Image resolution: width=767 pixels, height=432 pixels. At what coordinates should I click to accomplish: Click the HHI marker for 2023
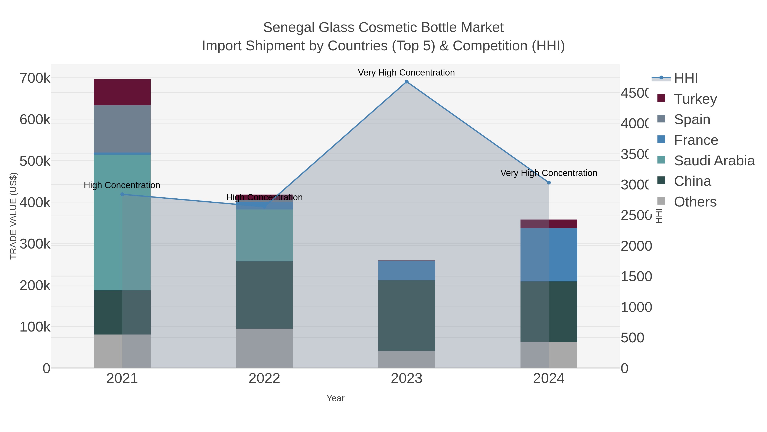(407, 82)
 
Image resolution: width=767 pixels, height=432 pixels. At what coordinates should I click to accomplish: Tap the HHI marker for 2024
(549, 182)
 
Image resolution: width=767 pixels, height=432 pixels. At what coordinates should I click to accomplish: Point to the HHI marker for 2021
(122, 194)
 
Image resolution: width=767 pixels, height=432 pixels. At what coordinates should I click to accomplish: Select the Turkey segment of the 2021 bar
(122, 92)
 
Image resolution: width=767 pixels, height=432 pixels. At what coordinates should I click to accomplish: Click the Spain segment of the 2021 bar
(122, 129)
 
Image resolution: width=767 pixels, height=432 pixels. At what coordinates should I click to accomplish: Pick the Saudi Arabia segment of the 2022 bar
(264, 235)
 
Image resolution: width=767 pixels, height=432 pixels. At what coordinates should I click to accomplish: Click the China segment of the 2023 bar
(407, 316)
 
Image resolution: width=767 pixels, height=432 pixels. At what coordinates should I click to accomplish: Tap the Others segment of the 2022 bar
(264, 348)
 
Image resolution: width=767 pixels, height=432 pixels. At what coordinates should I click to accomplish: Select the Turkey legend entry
(695, 99)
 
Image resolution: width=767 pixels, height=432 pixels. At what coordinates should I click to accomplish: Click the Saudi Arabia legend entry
(714, 160)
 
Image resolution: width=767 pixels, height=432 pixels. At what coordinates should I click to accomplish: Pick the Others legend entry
(695, 202)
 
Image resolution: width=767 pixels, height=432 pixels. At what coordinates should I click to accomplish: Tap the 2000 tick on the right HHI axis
(636, 246)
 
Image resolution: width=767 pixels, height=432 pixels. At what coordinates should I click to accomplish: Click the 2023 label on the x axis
(407, 378)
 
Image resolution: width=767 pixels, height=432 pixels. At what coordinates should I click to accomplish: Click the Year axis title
(335, 398)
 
